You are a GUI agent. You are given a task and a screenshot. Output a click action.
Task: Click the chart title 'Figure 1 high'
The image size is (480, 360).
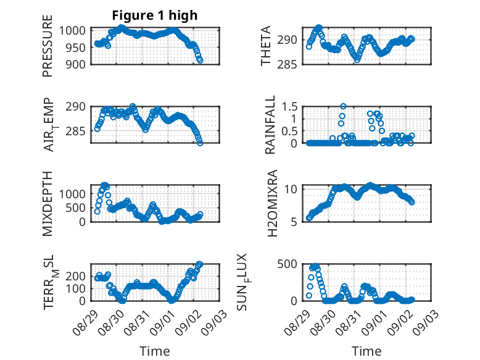[x=155, y=15]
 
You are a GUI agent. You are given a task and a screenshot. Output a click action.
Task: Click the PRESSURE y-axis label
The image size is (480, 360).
[x=48, y=46]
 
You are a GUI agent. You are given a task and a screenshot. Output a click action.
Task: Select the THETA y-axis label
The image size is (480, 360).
[x=266, y=46]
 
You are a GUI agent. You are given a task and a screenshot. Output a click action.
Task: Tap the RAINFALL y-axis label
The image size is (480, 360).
[x=270, y=125]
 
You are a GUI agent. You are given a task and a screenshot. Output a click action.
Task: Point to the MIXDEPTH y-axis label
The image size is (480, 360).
[x=48, y=204]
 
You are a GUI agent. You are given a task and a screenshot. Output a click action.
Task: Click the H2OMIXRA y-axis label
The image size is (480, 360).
[x=272, y=203]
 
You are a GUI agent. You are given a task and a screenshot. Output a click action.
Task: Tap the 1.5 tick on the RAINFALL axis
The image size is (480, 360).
[x=289, y=107]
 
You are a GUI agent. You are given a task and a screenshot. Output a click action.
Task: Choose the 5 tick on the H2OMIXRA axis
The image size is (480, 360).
[x=294, y=222]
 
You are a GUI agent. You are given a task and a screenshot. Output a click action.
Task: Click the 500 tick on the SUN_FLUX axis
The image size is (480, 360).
[x=287, y=264]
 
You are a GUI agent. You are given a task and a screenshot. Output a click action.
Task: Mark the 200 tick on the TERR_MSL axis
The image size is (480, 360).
[x=76, y=276]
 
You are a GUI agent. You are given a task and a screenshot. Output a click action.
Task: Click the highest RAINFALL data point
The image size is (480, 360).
[x=343, y=106]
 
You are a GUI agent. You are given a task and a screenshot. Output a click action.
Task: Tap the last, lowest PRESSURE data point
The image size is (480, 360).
[x=200, y=61]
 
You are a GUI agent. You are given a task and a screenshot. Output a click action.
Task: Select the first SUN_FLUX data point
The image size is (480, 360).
[x=309, y=296]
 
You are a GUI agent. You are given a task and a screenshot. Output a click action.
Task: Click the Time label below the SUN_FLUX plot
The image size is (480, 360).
[x=366, y=351]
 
